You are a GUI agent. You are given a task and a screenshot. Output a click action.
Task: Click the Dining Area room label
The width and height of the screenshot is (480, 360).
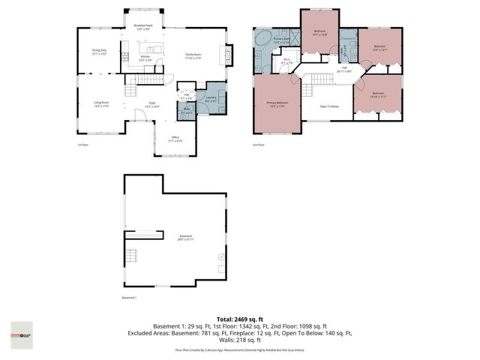pos(99,52)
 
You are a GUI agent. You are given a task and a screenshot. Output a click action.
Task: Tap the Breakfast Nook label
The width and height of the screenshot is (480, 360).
pos(144,27)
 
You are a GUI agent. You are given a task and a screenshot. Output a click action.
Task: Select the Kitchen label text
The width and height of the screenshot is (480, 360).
pos(147,58)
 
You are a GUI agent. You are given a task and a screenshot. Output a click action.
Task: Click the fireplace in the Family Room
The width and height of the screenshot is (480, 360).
pos(223,55)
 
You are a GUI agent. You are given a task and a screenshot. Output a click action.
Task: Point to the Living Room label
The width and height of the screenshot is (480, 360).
pos(101,103)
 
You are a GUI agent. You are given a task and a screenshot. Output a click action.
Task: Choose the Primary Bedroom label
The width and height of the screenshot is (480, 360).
pos(277,104)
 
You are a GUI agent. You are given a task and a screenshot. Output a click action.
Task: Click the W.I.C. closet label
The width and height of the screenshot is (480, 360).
pos(286,63)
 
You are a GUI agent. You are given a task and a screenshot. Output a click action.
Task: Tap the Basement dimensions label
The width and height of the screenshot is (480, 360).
pos(185,238)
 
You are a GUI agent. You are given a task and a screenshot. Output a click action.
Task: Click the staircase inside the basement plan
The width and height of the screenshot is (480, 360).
pos(130,259)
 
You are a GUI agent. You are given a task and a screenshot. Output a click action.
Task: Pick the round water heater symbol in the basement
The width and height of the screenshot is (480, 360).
pos(220,258)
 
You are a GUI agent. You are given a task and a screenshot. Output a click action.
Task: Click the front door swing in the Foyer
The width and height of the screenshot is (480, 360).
pos(139,114)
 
